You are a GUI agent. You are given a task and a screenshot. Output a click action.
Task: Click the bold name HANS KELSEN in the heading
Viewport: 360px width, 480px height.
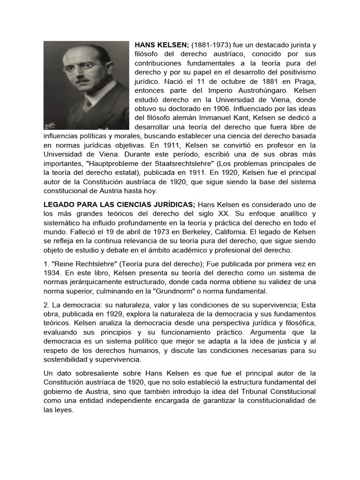pyautogui.click(x=162, y=45)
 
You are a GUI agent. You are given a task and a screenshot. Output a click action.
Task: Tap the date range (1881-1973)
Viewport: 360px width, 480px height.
pyautogui.click(x=210, y=45)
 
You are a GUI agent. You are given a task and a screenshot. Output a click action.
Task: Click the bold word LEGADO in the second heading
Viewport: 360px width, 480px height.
pyautogui.click(x=59, y=204)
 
